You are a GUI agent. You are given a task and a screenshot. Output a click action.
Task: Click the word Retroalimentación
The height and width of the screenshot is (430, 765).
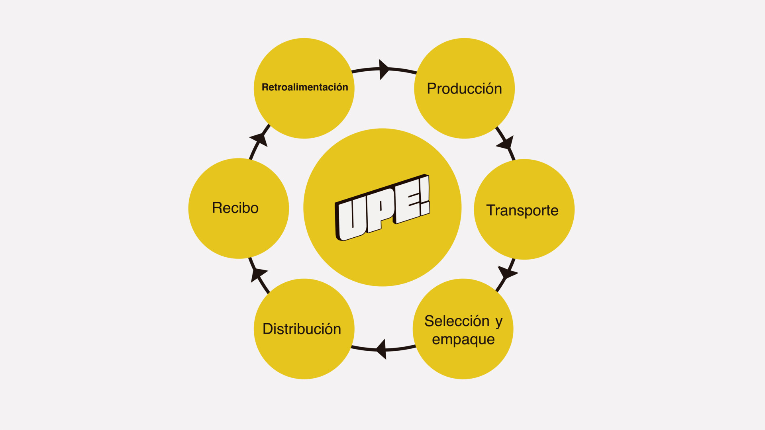click(305, 87)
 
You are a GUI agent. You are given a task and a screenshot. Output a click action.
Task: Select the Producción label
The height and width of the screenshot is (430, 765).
click(464, 89)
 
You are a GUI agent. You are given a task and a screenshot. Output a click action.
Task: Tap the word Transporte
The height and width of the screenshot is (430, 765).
click(522, 210)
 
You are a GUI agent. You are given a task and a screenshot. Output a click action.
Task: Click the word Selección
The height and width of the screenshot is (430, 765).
click(457, 321)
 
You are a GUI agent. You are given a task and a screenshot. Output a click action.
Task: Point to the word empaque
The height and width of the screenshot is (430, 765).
click(463, 340)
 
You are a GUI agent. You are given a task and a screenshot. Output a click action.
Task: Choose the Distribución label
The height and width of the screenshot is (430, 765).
click(302, 329)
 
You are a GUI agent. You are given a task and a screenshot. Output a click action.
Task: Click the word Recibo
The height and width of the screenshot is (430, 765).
click(235, 208)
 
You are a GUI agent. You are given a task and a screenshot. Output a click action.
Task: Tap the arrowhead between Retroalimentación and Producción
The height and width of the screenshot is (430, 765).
click(383, 69)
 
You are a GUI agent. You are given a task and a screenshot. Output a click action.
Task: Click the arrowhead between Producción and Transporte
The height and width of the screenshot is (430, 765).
click(506, 143)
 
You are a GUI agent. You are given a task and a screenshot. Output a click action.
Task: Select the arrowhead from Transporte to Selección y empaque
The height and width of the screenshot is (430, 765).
click(507, 273)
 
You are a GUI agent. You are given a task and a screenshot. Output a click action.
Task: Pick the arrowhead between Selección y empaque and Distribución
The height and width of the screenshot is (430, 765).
click(382, 349)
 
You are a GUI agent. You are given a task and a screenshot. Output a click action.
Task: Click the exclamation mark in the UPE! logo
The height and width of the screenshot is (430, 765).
click(425, 195)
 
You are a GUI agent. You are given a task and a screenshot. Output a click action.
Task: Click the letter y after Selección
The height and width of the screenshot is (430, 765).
click(499, 322)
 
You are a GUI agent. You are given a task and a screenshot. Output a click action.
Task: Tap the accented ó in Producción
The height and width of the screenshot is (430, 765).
click(485, 88)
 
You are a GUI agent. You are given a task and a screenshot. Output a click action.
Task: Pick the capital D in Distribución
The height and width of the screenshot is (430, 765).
click(268, 329)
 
